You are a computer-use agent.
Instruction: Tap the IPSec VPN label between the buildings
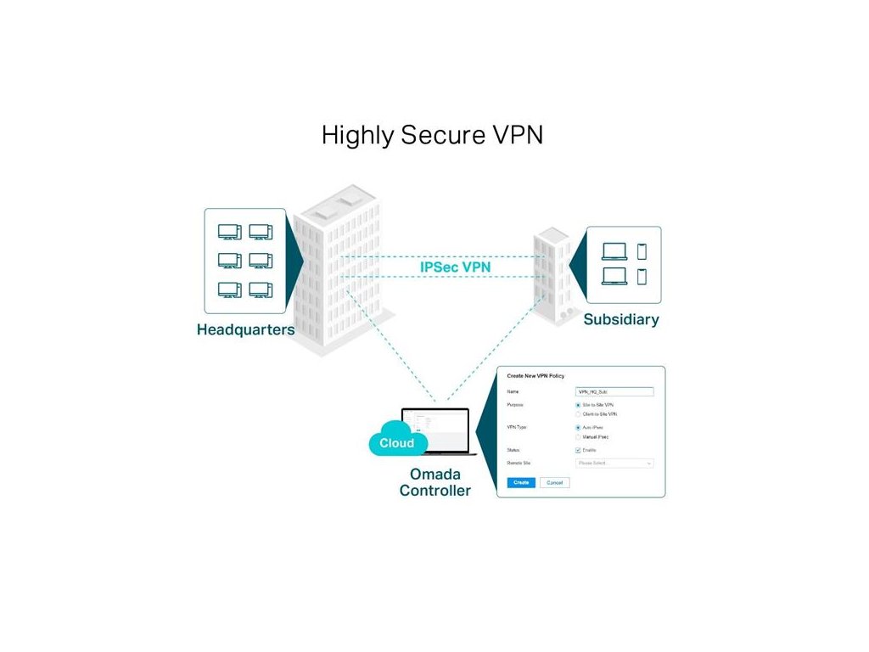455,267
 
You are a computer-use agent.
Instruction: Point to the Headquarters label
245,329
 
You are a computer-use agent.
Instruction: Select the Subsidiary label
621,320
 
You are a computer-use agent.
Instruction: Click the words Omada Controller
434,482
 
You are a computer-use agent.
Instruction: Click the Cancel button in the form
554,482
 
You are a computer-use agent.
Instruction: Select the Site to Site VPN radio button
578,406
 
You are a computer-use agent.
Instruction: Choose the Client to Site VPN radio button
578,414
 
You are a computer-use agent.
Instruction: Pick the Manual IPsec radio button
578,436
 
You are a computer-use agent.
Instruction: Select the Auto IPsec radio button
578,428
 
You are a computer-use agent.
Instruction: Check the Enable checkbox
578,450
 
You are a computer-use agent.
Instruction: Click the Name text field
614,392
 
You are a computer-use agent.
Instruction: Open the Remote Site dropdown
614,464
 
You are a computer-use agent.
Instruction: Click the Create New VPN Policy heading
535,375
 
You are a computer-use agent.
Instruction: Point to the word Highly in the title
345,136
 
